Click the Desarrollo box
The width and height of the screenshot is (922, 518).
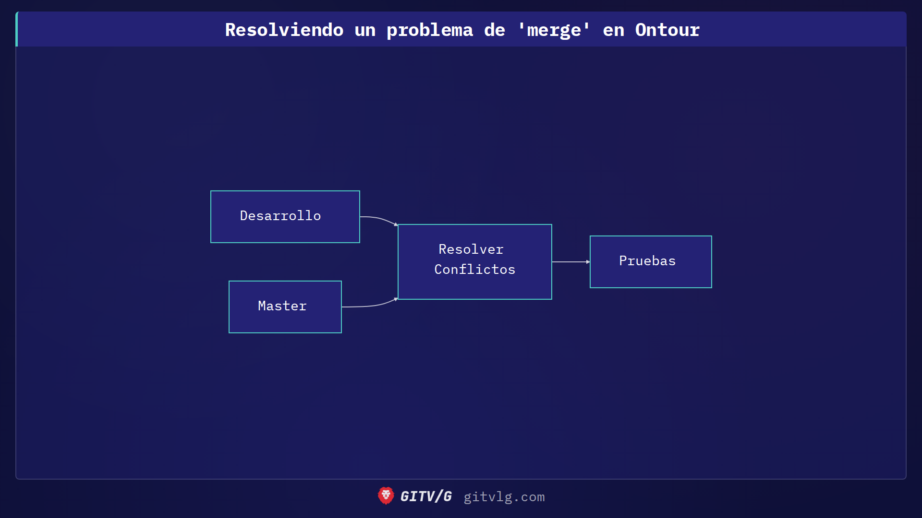[x=285, y=217]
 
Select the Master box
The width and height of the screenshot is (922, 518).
[x=285, y=307]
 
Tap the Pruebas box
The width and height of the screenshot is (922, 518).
[x=650, y=262]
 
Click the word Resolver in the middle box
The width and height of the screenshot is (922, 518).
[x=471, y=249]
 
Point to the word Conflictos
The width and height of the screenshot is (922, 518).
[x=474, y=270]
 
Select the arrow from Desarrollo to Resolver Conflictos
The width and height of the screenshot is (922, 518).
[x=379, y=219]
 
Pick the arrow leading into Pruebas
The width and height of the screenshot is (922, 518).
[x=570, y=262]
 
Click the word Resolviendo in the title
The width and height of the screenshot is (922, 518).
[x=284, y=30]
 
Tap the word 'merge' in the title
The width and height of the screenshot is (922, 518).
[x=554, y=30]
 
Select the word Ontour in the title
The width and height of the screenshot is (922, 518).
[x=667, y=30]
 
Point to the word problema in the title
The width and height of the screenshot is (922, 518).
[x=430, y=30]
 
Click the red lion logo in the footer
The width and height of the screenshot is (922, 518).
[x=386, y=496]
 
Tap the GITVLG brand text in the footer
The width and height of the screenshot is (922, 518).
[x=426, y=496]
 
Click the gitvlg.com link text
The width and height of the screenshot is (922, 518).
[x=504, y=497]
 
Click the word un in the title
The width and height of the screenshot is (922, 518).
[x=365, y=30]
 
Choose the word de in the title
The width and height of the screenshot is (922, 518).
[x=494, y=30]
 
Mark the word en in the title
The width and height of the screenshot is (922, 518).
[x=613, y=30]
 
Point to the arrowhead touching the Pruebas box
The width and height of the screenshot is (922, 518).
[x=588, y=262]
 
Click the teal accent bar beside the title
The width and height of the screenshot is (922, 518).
[x=17, y=29]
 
